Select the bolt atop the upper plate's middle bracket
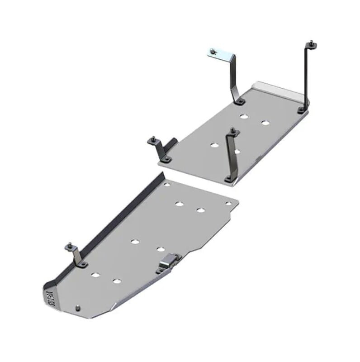coord(232,131)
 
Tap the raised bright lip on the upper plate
coord(276,87)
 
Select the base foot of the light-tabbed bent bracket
coord(238,100)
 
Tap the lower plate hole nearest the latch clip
coord(161,249)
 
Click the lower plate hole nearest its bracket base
coord(95,275)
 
